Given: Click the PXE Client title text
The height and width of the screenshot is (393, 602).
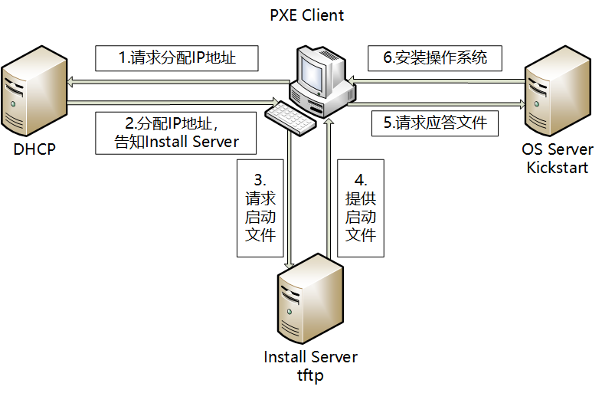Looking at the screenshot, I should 307,15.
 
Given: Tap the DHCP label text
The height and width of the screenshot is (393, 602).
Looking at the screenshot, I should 34,149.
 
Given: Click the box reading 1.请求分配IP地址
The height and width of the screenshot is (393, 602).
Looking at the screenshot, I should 175,57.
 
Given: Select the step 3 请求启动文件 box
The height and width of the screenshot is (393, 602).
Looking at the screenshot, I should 260,208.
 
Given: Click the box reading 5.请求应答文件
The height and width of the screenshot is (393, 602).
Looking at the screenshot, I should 434,123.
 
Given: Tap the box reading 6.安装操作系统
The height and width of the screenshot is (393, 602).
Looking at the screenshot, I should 435,57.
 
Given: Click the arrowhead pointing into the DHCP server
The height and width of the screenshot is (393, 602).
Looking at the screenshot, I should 70,81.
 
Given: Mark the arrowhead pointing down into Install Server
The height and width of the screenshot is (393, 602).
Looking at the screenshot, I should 289,264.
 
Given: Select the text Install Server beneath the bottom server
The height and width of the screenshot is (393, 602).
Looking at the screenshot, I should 310,357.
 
